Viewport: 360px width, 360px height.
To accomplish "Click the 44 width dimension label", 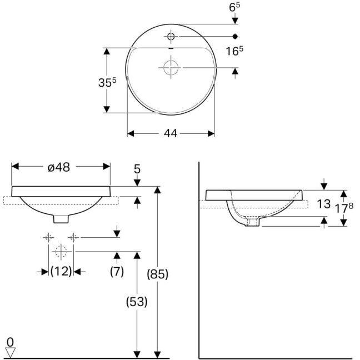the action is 171,133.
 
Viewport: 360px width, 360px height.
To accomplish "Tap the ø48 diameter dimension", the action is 59,167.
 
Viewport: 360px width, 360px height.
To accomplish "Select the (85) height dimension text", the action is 158,274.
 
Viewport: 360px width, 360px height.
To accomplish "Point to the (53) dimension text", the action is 137,302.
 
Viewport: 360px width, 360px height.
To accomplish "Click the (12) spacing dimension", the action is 61,271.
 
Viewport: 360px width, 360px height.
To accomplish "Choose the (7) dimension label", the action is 117,271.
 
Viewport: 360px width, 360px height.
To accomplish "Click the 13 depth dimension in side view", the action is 324,204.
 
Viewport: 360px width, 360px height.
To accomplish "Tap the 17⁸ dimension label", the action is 344,208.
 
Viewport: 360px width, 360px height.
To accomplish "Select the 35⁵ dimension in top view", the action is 107,82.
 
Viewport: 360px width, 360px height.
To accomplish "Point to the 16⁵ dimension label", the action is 234,51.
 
